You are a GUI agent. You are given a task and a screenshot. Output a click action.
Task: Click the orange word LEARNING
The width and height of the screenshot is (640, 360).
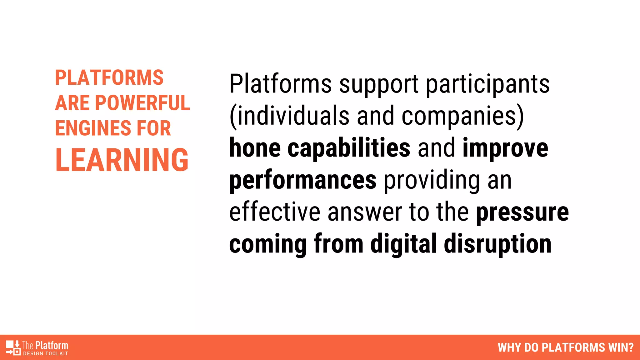pos(122,160)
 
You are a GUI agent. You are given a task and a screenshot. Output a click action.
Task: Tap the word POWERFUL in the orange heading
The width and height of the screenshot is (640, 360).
pos(142,103)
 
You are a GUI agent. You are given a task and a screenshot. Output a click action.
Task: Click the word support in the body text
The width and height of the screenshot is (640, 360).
pos(379,84)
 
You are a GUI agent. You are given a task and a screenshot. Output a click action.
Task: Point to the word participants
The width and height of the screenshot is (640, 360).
pos(488,84)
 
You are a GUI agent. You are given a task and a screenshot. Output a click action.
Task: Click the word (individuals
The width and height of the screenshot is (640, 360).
pos(289,116)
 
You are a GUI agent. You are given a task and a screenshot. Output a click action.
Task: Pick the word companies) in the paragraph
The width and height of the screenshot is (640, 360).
pos(462,116)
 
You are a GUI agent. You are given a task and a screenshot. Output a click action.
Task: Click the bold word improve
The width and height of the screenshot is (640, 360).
pos(505,148)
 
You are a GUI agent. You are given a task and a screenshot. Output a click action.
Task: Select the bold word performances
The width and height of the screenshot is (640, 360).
pos(303,180)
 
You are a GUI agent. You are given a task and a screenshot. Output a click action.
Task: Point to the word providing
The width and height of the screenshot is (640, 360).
pos(432,180)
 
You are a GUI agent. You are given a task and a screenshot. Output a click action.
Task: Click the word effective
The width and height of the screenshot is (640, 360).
pos(275,212)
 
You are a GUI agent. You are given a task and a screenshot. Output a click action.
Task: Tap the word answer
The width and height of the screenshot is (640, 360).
pos(365,213)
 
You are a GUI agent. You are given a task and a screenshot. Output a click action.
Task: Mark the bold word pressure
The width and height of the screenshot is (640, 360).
pos(522,213)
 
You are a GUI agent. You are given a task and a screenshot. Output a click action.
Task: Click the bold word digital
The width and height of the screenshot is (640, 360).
pos(403,244)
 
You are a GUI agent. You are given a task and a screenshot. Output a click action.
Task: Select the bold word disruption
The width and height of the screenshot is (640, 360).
pos(497,244)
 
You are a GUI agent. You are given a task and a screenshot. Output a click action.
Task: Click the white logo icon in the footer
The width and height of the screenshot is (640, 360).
pos(13,347)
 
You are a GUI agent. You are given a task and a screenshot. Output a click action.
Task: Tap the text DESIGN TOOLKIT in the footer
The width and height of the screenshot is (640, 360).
pos(46,354)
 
